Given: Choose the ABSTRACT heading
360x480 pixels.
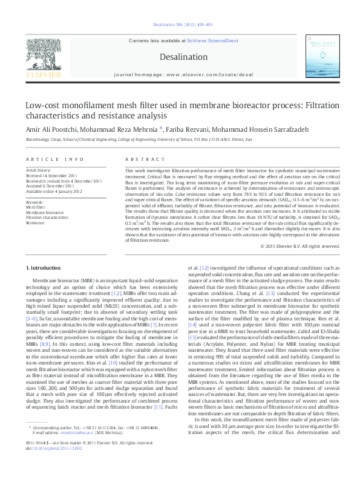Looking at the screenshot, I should (x=139, y=159).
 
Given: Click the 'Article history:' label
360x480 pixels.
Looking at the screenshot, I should (x=39, y=171).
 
